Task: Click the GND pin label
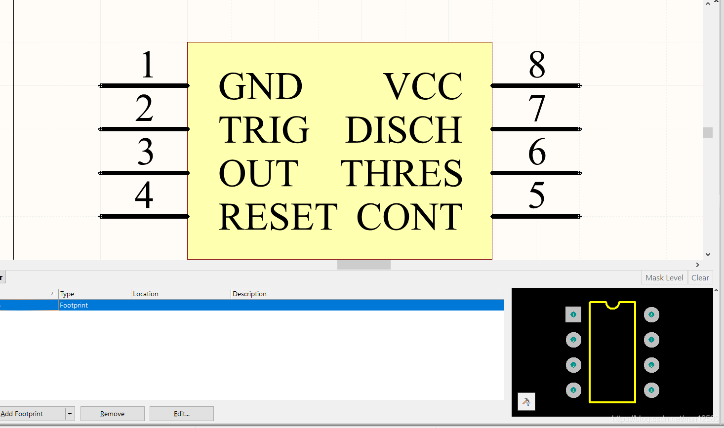click(260, 86)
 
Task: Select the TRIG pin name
click(264, 130)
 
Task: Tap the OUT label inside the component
click(258, 174)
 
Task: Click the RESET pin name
click(278, 217)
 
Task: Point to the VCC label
click(423, 86)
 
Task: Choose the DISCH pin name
click(403, 130)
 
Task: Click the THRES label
click(401, 174)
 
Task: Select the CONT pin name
click(409, 217)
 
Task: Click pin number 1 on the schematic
click(147, 65)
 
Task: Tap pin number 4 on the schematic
click(144, 195)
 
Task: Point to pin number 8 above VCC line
click(537, 65)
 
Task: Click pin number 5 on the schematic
click(537, 195)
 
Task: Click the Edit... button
click(181, 414)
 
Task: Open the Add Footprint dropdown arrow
click(70, 414)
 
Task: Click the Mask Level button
click(664, 277)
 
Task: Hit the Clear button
click(700, 277)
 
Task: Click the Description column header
click(249, 294)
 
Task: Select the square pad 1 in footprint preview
click(573, 314)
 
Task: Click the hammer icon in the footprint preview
click(526, 401)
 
